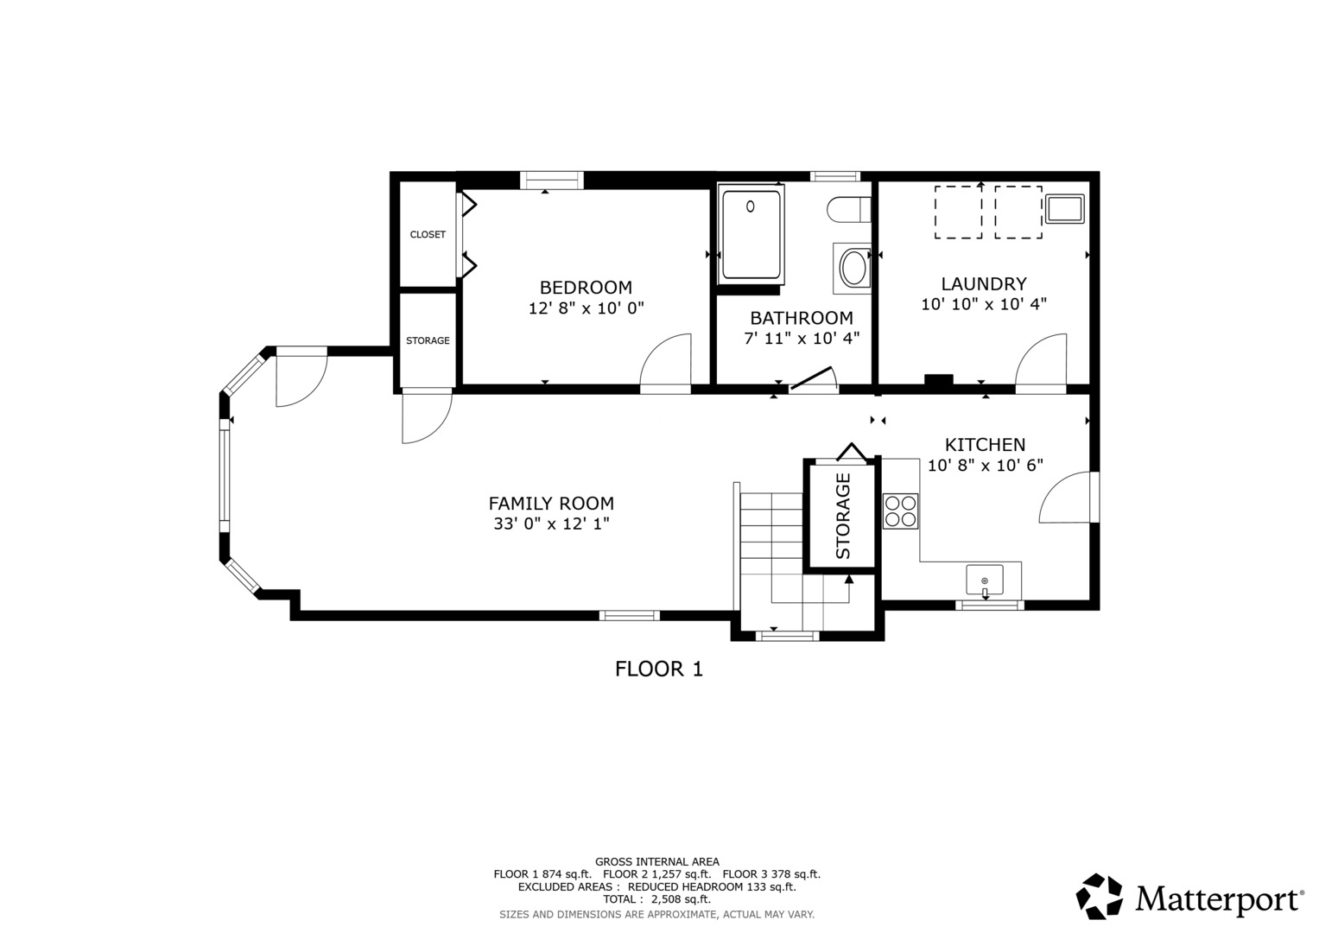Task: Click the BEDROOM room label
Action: [x=586, y=288]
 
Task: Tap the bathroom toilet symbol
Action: [x=848, y=210]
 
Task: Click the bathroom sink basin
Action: [x=854, y=269]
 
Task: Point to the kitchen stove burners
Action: [x=900, y=511]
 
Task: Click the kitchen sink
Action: [x=985, y=580]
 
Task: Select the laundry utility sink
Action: [x=1063, y=209]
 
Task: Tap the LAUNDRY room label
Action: [x=984, y=284]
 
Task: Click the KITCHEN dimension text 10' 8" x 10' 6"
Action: [x=985, y=466]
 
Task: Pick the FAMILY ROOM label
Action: [x=551, y=504]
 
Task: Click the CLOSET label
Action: [x=428, y=235]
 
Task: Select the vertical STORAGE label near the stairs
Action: [x=843, y=516]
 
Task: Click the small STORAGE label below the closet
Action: [x=428, y=341]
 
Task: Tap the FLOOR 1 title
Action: [x=658, y=669]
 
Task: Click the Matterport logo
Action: [x=1189, y=897]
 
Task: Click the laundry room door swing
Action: [x=1041, y=363]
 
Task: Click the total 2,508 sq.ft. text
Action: [x=656, y=899]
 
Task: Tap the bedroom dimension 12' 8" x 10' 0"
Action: [x=586, y=308]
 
